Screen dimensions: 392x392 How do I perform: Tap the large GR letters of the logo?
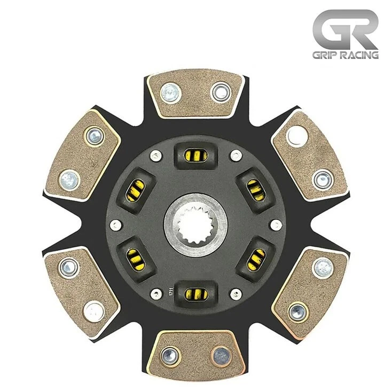coord(344,30)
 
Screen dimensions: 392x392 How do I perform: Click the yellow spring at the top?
coord(195,155)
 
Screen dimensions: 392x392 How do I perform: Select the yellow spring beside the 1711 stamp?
coord(195,293)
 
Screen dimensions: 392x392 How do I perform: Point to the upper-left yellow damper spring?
coord(136,189)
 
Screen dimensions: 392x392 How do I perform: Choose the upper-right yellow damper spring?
coord(255,189)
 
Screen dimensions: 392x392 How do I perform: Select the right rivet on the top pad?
coord(220,92)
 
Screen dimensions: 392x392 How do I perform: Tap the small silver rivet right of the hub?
coord(276,224)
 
